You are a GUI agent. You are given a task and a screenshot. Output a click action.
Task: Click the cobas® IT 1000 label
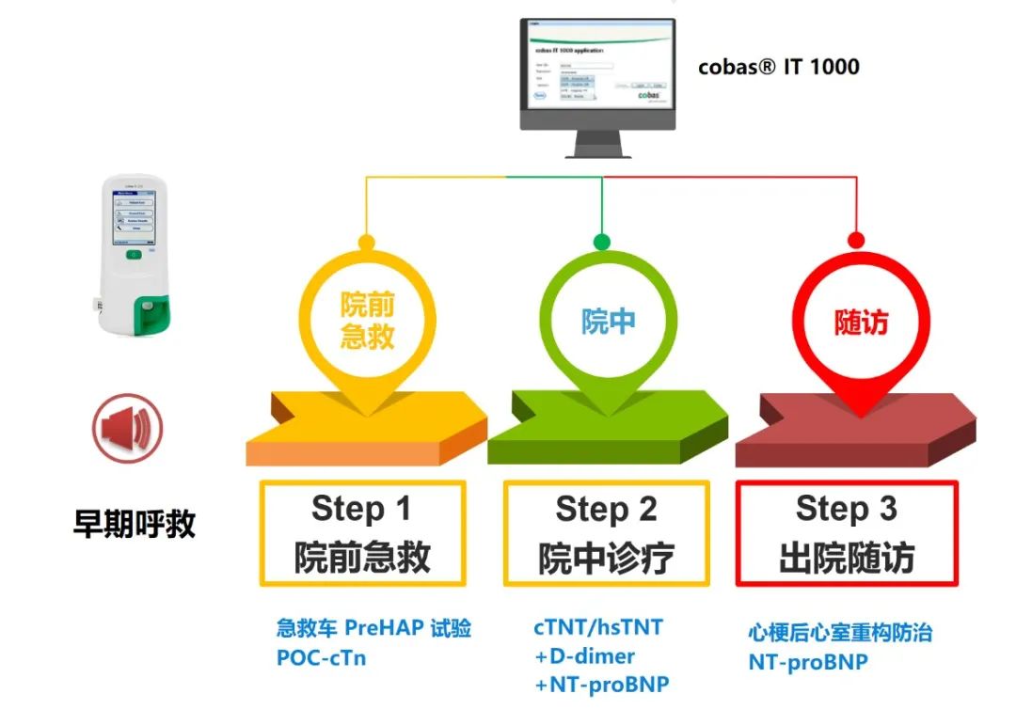tap(779, 67)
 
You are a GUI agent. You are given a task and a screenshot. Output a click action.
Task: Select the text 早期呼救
tap(135, 523)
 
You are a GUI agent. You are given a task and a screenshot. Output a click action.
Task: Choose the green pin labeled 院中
tap(608, 322)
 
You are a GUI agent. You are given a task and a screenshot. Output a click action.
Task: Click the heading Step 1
tap(361, 509)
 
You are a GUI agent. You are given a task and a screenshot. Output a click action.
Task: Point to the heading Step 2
tap(606, 509)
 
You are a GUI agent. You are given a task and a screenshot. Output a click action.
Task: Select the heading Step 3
tap(846, 509)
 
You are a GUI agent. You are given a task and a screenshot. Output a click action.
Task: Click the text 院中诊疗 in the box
tap(606, 558)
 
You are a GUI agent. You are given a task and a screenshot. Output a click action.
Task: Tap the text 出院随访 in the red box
tap(846, 558)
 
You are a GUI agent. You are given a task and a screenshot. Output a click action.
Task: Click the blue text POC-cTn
tap(321, 658)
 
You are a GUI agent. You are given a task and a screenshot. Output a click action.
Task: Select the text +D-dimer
tap(584, 656)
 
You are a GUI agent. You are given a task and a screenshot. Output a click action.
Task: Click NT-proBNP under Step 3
tap(807, 662)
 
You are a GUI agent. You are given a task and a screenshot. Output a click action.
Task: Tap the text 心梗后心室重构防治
tap(840, 633)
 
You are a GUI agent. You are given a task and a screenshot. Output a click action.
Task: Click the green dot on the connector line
tap(602, 242)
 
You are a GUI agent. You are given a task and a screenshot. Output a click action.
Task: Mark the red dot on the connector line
tap(856, 240)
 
